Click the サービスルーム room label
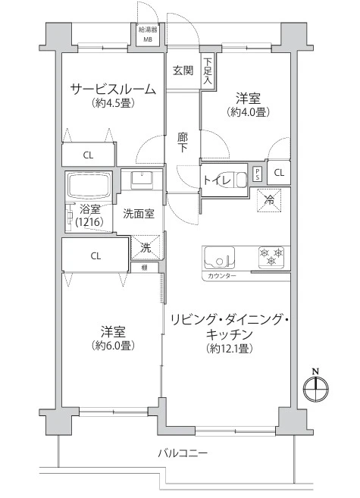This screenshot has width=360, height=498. pos(113,89)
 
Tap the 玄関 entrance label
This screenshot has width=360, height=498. pos(183,70)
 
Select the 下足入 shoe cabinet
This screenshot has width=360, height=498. pos(208,70)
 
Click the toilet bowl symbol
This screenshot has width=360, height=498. pos(241,180)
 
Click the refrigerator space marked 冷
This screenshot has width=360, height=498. pos(270,200)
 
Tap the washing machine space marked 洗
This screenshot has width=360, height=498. pos(146,247)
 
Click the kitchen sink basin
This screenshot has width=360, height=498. pos(219,257)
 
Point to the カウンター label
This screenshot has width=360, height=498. pos(222,276)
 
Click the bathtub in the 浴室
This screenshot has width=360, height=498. pos(89,186)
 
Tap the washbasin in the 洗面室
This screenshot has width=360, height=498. pos(142,178)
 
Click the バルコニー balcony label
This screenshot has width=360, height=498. pos(183,453)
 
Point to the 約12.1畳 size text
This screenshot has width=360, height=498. pos(229,349)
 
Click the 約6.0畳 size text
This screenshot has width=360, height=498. pos(113,345)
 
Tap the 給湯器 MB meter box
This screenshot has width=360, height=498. pos(148,35)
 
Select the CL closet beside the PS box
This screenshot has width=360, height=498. pos(279,173)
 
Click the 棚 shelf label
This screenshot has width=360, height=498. pos(145,268)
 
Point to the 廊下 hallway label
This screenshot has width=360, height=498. pos(183,143)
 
